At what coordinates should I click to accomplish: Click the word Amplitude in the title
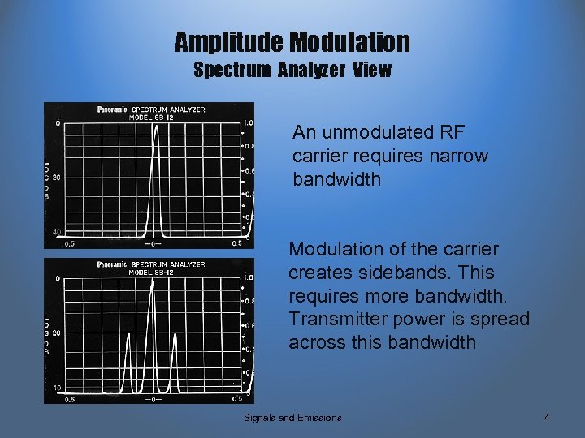[x=227, y=41]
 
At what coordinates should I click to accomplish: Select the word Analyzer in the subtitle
[x=311, y=71]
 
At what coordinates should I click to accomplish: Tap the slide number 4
[x=547, y=418]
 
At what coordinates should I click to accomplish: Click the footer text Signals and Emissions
[x=292, y=418]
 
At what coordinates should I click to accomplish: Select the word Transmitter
[x=340, y=320]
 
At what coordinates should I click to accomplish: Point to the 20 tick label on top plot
[x=56, y=177]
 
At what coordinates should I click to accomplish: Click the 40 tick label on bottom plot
[x=56, y=388]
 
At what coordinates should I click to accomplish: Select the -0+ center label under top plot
[x=152, y=243]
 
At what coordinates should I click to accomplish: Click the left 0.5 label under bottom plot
[x=71, y=399]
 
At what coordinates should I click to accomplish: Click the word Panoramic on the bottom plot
[x=111, y=264]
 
